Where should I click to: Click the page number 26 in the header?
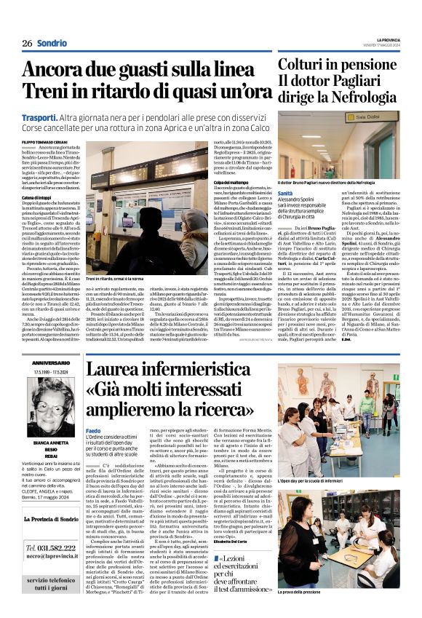[27, 43]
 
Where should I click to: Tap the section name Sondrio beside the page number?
[52, 43]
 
